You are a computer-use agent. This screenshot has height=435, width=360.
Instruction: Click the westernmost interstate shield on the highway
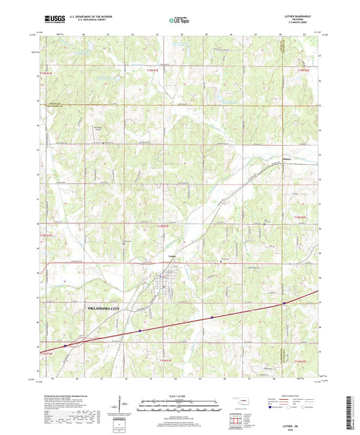(x=66, y=345)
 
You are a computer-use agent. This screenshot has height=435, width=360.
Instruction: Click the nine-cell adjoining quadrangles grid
(x=238, y=421)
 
